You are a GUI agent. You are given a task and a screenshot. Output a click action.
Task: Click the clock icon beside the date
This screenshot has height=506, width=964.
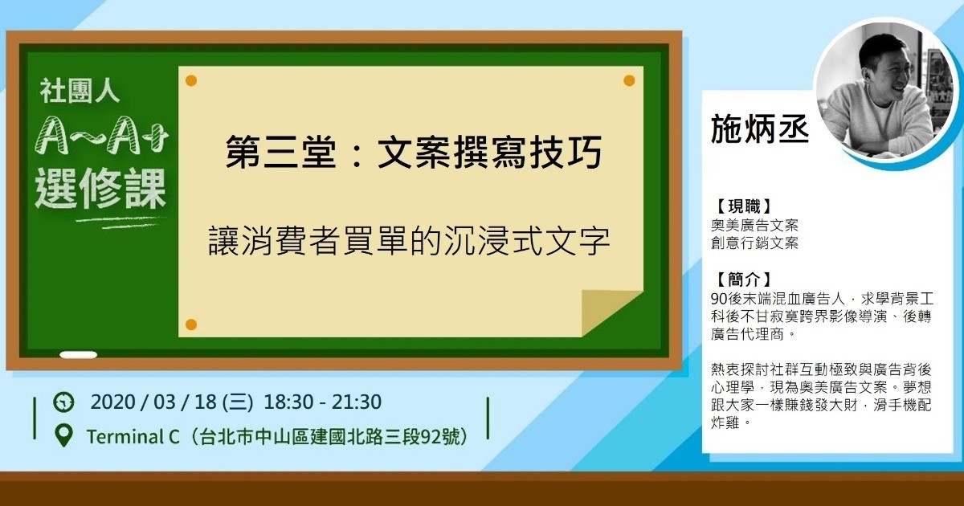coord(63,402)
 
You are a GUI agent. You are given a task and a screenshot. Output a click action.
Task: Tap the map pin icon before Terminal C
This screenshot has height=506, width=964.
coord(64,436)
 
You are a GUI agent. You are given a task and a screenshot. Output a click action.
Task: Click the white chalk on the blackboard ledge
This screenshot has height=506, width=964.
coord(79,355)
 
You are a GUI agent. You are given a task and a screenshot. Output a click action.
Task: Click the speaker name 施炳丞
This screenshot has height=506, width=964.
coord(760,129)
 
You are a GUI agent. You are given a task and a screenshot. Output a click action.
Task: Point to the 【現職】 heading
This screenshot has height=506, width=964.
coord(743,206)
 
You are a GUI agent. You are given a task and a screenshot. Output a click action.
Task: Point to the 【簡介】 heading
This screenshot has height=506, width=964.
coord(743,280)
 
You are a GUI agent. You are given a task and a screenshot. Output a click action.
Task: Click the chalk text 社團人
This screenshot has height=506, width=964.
coord(80,91)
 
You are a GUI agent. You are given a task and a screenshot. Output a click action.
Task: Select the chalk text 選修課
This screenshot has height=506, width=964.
coord(100,189)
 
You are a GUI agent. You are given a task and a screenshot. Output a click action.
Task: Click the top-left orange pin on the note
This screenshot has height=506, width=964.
coord(191,80)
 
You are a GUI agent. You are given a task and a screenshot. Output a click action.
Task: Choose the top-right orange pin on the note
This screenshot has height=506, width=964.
coord(629,80)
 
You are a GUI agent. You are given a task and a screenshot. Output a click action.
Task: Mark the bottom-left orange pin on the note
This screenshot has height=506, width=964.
coord(191,324)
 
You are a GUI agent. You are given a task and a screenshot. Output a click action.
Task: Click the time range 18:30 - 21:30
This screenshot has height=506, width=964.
coord(322,402)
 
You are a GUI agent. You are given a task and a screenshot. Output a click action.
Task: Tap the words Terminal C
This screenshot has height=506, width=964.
coord(133,437)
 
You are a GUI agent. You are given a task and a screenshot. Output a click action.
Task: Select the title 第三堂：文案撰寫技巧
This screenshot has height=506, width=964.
coord(414,152)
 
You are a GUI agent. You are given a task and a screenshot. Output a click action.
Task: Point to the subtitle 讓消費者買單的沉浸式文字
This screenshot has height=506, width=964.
coord(409,241)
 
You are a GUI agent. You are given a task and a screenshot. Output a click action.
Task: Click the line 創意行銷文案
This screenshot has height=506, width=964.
coord(754,243)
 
